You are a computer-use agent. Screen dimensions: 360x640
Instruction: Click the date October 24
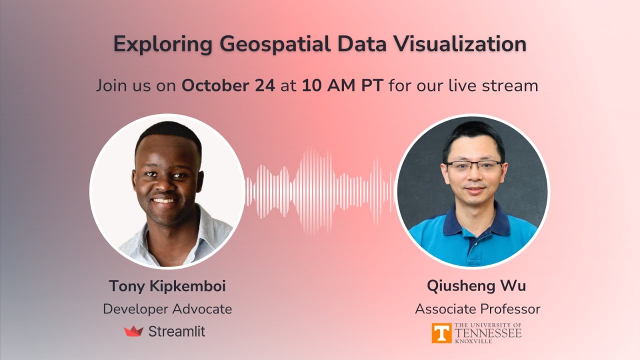point(228,85)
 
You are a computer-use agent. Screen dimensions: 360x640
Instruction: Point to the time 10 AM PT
point(342,85)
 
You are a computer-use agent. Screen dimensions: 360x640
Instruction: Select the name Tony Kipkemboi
point(167,286)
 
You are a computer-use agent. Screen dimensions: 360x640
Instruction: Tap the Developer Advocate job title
point(167,309)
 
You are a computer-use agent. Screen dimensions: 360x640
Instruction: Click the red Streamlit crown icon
point(133,331)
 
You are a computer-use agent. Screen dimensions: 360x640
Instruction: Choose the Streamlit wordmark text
point(176,331)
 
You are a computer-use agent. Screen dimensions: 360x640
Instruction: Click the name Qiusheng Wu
point(476,286)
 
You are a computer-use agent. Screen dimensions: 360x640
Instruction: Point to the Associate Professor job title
point(477,309)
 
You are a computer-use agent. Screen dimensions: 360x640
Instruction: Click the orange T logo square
point(441,333)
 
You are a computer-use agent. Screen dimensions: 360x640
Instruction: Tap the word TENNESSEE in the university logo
point(488,332)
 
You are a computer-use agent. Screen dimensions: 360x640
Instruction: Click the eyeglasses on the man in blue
point(473,166)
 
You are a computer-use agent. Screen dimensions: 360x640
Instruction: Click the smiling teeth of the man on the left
point(165,200)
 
